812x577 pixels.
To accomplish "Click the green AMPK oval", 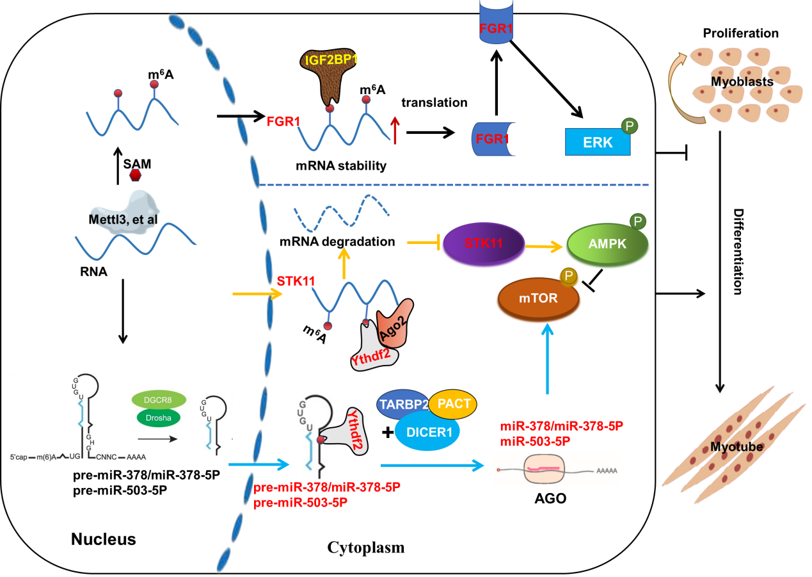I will (x=607, y=245).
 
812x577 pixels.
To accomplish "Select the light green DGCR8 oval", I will (x=159, y=399).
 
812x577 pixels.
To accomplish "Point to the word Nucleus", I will (x=103, y=539).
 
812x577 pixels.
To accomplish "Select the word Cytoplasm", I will (x=366, y=548).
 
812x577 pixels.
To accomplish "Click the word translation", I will (x=434, y=102).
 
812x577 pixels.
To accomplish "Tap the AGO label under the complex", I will (x=550, y=498).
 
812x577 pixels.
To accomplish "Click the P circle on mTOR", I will (x=568, y=277).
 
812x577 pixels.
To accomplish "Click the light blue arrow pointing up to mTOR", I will (x=548, y=359).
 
